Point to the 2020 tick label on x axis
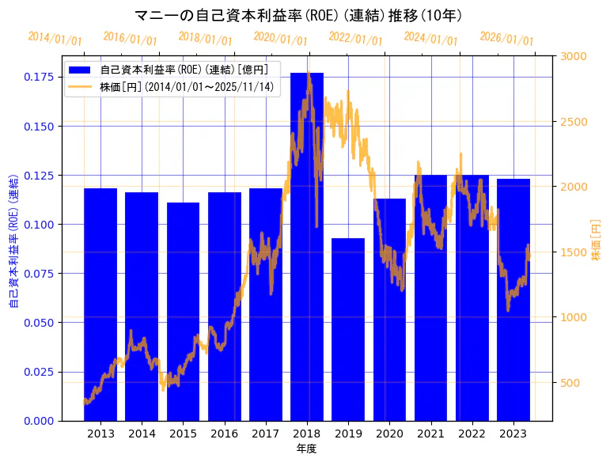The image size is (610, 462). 389,434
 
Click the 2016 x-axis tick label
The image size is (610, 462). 224,434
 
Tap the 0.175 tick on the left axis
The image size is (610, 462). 38,77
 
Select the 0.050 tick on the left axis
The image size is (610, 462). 38,323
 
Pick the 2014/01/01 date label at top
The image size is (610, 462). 54,39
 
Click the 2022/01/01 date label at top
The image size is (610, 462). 355,39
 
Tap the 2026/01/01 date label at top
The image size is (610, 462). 506,39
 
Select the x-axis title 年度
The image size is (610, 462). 306,449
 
